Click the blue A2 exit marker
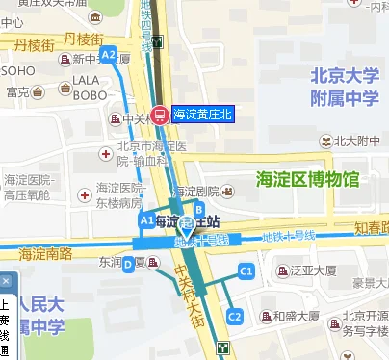108,54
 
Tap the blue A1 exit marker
146,220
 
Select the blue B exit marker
199,209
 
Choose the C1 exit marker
246,272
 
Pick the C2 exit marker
234,315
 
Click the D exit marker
127,265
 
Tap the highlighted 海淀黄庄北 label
203,114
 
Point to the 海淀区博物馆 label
307,179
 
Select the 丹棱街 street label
83,39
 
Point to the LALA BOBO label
88,88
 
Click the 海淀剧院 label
213,191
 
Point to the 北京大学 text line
345,75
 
